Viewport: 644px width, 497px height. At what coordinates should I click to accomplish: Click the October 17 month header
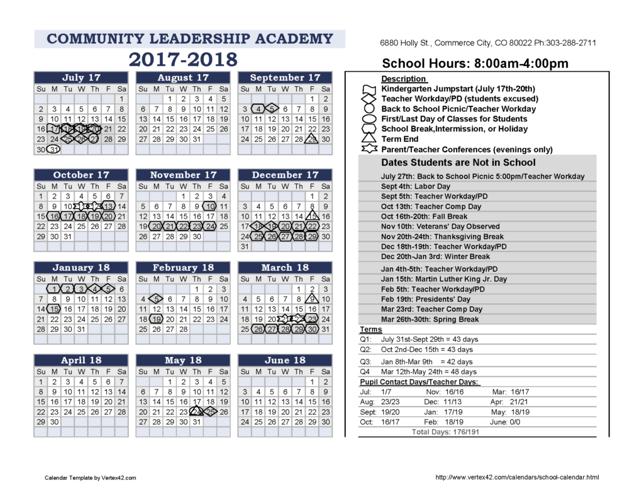(81, 175)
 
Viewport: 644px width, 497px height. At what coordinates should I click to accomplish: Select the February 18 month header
(183, 268)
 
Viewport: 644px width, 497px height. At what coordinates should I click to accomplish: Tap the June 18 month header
(286, 361)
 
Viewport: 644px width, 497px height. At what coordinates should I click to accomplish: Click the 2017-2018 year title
(184, 60)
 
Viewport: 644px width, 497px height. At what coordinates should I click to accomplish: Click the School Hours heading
(475, 63)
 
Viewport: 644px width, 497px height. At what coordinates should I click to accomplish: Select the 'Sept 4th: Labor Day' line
(416, 187)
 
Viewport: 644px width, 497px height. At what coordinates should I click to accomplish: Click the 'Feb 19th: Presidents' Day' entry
(425, 299)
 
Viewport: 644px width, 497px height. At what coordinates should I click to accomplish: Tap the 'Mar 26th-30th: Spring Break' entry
(430, 319)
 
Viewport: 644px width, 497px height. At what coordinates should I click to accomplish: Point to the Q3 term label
(365, 362)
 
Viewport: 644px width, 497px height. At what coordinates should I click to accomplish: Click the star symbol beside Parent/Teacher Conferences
(369, 150)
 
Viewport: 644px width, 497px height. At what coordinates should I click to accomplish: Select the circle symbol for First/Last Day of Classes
(369, 119)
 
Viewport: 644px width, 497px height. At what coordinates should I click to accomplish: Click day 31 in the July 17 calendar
(55, 150)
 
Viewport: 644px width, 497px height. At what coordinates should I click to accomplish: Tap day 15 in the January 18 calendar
(55, 309)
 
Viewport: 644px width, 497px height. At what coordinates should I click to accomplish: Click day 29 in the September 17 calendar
(312, 139)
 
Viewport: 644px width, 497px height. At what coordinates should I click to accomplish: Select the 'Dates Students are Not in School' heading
(458, 163)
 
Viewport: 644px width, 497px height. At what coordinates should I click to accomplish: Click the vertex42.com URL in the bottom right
(517, 478)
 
